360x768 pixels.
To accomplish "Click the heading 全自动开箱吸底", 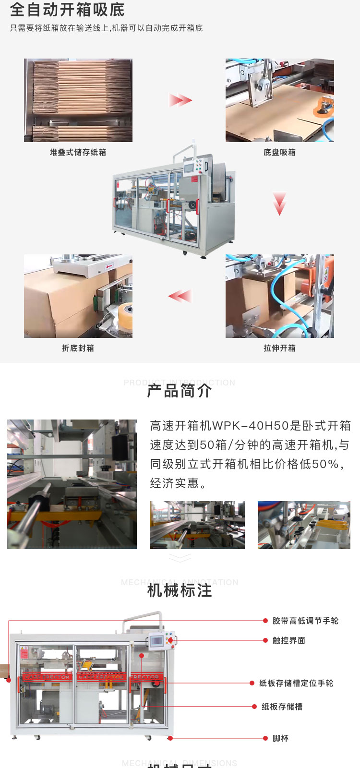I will point(67,10).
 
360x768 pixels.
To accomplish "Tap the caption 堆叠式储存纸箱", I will point(78,152).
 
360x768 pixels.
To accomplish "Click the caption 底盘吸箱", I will point(279,152).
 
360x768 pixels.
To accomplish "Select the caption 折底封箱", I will point(78,348).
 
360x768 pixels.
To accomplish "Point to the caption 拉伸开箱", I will point(279,348).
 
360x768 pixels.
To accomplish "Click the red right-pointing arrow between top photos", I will point(180,100).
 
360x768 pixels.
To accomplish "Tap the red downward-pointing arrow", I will point(279,204).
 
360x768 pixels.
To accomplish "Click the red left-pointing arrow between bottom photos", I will point(180,296).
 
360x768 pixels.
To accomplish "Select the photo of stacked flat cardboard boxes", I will point(78,100).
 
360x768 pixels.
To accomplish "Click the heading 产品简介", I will point(180,391).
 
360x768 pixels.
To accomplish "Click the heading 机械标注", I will point(180,590).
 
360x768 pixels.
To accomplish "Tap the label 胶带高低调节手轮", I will point(305,621).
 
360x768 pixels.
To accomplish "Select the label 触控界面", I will point(289,640).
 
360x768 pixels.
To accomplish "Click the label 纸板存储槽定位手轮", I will point(296,683).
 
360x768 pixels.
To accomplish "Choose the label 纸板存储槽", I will point(282,707).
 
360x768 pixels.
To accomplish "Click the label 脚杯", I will point(280,738).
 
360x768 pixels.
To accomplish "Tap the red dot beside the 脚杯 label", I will point(265,738).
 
